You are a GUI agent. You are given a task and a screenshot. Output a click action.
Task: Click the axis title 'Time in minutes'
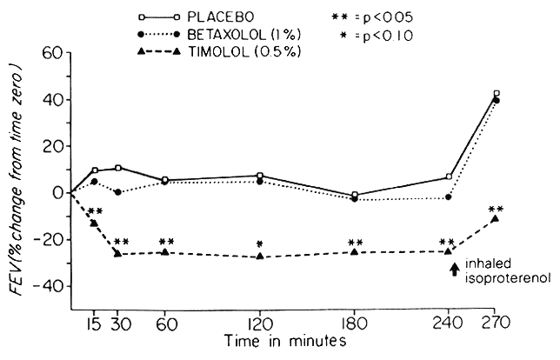pos(283,343)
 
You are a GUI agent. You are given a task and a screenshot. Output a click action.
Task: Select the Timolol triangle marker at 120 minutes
pos(260,257)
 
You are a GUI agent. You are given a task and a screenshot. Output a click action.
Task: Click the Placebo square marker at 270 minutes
pos(497,93)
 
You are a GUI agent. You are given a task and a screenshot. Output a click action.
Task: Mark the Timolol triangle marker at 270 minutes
pos(495,218)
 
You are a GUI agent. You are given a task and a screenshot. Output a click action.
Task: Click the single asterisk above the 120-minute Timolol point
pos(260,243)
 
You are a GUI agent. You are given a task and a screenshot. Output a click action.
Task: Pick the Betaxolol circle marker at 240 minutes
pos(449,197)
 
